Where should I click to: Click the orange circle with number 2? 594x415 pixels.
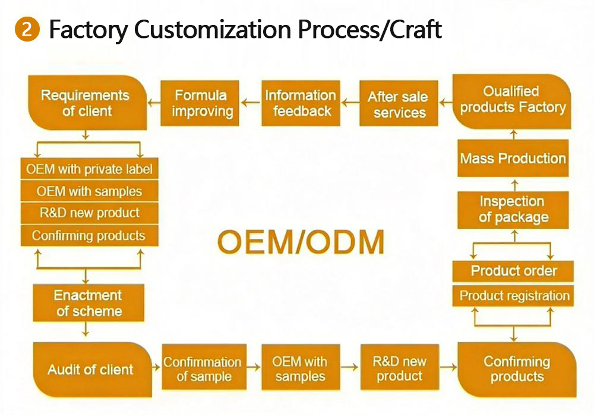[27, 28]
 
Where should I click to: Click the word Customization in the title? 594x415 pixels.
[212, 29]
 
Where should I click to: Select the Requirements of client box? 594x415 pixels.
[87, 103]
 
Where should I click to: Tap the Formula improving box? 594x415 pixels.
[200, 103]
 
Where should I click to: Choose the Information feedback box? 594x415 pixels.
[301, 103]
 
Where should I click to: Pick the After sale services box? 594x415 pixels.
[399, 103]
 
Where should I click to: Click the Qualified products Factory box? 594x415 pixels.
[512, 102]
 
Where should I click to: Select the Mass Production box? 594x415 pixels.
[513, 159]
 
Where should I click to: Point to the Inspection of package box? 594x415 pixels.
[513, 210]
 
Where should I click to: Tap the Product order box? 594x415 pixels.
[513, 271]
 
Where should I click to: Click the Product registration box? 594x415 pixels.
[513, 296]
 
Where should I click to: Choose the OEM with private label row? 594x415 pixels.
[90, 169]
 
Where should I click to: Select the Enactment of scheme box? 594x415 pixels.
[89, 303]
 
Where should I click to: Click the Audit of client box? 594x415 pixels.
[93, 369]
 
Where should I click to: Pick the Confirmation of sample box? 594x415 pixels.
[204, 367]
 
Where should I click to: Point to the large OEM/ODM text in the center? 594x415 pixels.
[301, 242]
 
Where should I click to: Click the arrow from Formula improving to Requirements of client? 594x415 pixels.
[154, 103]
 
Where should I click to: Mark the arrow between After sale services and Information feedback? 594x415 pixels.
[350, 102]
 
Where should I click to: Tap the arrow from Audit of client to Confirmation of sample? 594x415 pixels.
[156, 366]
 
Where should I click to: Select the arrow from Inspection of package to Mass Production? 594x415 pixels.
[514, 186]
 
